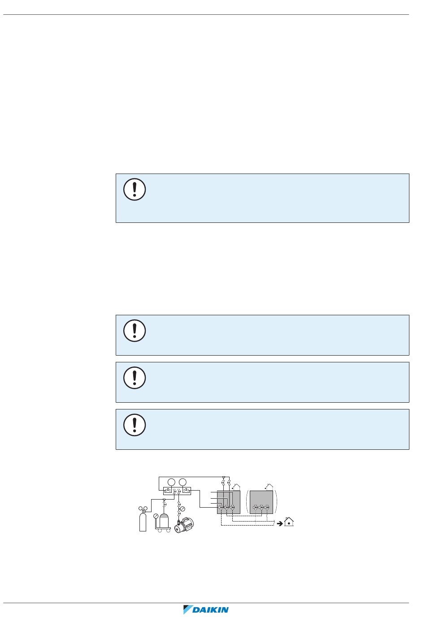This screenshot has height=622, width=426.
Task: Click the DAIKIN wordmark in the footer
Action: tap(210, 610)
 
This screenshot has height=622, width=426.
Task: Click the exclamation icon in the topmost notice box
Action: tap(135, 189)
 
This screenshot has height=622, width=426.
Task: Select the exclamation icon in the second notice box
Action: tap(135, 331)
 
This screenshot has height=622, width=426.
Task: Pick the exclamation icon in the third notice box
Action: tap(135, 378)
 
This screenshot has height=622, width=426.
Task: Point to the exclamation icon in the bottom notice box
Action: tap(135, 425)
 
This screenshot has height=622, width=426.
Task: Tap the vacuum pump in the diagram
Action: tap(184, 525)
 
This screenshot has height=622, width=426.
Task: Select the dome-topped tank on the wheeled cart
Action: tap(164, 520)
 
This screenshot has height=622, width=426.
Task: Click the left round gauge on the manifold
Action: tap(171, 482)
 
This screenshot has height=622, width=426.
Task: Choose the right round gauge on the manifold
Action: tap(183, 482)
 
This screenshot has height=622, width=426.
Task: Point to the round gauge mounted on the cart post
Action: tap(156, 516)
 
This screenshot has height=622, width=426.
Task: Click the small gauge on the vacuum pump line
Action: tap(183, 509)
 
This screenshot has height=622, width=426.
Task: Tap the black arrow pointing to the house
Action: tap(280, 523)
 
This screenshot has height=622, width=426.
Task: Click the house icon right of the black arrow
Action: tap(289, 522)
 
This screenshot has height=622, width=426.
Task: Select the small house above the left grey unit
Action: tap(236, 487)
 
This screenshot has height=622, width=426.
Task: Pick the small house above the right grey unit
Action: tap(270, 487)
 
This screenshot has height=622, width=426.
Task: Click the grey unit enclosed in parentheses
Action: tap(261, 502)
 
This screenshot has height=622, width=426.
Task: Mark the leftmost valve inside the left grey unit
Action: tap(221, 507)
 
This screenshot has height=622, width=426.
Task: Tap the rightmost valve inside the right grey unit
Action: tap(267, 507)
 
